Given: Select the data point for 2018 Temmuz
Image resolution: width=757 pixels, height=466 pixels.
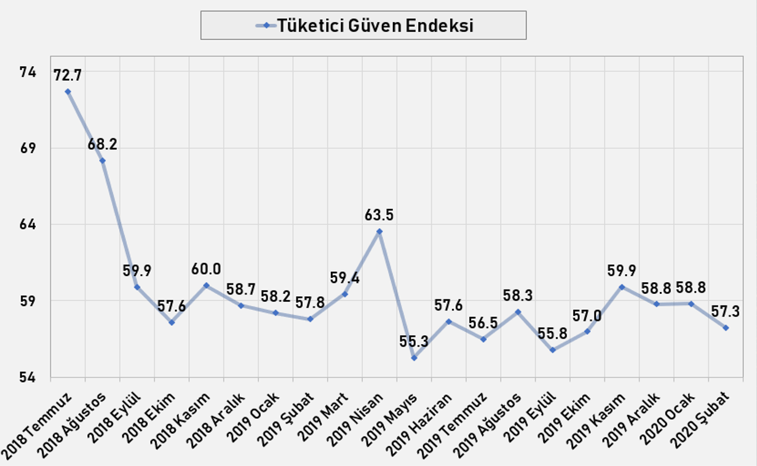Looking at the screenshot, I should (x=68, y=92).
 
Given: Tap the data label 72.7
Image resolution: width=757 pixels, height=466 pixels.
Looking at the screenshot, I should (x=68, y=76).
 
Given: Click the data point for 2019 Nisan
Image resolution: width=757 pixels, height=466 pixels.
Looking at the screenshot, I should (x=379, y=231).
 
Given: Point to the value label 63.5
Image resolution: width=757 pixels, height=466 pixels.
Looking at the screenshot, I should (x=379, y=215).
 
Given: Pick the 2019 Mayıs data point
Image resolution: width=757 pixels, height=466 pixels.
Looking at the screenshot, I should (x=414, y=358).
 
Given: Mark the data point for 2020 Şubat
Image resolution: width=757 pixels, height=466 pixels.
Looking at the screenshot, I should (x=726, y=328).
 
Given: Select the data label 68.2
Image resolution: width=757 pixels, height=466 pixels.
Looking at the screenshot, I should (x=103, y=145).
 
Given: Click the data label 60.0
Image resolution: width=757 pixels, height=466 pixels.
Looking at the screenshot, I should (x=207, y=269).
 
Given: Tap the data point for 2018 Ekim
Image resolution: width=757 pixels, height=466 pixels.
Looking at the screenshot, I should (x=172, y=323).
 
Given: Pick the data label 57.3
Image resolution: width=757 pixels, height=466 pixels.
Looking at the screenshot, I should (x=726, y=312).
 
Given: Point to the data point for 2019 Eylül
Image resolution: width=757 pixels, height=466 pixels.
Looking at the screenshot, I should (x=553, y=350).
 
